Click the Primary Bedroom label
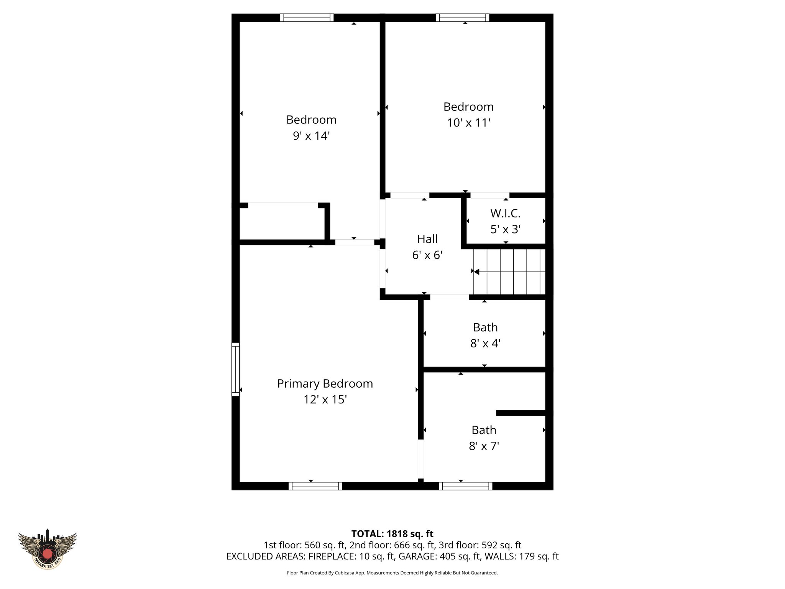325,383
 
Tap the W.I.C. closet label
505,213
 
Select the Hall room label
427,239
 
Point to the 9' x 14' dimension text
311,136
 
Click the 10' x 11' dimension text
468,123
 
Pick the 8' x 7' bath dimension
484,446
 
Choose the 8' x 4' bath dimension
485,343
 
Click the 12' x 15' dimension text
325,400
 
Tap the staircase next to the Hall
510,271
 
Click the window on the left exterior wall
235,369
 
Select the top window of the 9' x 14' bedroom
307,18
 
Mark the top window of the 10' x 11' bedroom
462,18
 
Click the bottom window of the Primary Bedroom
315,486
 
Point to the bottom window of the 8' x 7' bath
465,486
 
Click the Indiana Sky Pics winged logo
48,549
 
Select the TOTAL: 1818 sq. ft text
392,534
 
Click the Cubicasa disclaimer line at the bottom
392,573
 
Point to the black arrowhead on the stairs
476,271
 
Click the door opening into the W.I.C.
489,195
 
